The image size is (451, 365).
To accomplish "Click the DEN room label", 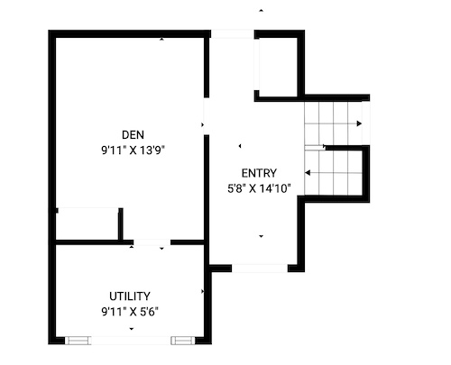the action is (x=133, y=135).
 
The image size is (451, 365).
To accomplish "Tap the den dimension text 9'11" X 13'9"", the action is (x=133, y=151).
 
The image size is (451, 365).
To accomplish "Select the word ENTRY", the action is (x=259, y=173).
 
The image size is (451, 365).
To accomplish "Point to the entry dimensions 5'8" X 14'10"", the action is (x=259, y=188).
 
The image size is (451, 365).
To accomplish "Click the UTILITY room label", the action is (x=130, y=297).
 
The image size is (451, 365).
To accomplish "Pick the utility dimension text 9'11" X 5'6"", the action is (x=130, y=312).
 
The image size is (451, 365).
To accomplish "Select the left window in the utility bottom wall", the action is (x=78, y=341).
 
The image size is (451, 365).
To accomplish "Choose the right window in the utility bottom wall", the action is (x=183, y=341).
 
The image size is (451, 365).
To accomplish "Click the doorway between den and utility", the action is (x=152, y=242).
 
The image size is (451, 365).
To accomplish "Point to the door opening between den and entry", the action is (x=207, y=116).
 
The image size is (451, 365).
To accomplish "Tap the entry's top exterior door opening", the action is (x=233, y=33).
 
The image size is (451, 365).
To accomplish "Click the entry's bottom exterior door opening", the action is (x=260, y=269).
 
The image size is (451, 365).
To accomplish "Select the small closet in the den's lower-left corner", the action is (x=87, y=225).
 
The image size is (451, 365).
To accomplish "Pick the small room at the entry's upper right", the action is (x=278, y=68).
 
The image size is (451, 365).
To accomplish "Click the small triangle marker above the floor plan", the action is (x=262, y=11).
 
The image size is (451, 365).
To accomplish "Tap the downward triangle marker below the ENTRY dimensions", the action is (x=261, y=236).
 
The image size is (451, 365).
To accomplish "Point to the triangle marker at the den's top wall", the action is (x=162, y=39).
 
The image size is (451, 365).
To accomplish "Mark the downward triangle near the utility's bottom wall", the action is (x=132, y=329).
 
